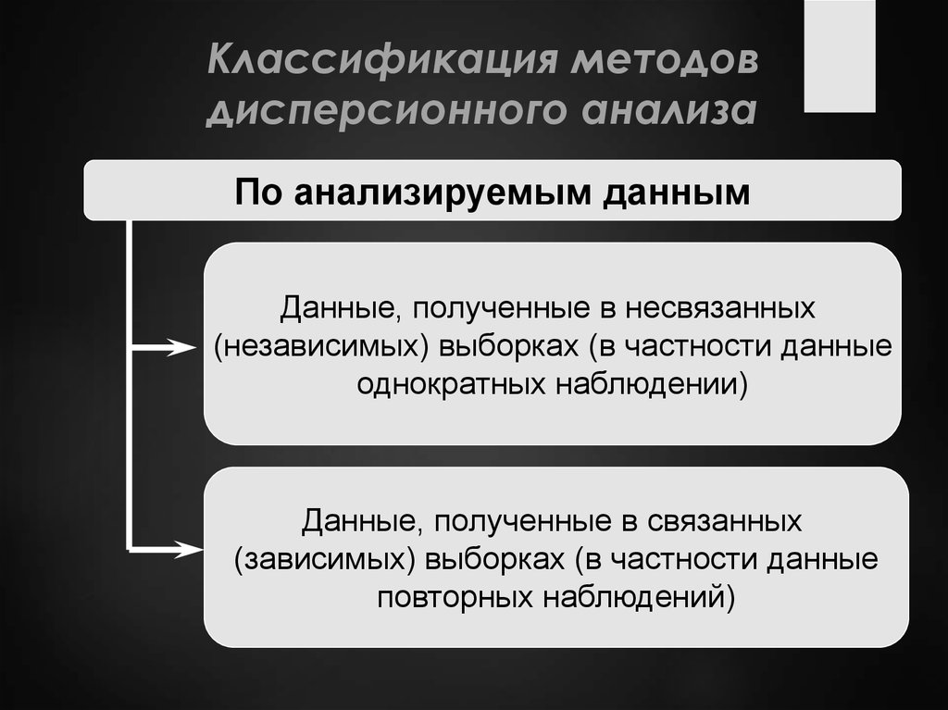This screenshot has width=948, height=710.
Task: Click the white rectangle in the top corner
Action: (x=839, y=56)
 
